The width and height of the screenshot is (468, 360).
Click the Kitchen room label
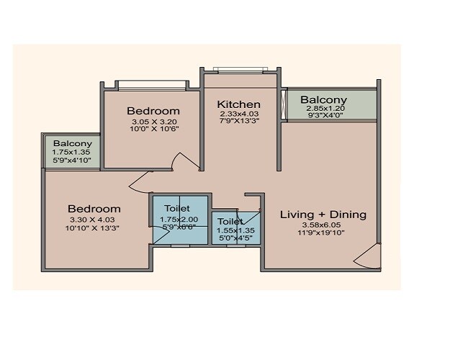239,104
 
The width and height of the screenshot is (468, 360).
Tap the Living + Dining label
323,214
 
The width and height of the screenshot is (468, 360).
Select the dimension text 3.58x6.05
323,225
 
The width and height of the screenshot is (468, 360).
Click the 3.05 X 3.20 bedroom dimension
153,122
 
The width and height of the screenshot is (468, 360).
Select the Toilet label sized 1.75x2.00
177,208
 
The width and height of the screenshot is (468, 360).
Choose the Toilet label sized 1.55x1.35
230,221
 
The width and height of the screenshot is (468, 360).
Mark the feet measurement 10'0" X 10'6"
153,130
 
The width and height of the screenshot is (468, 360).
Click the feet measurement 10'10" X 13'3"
91,228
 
